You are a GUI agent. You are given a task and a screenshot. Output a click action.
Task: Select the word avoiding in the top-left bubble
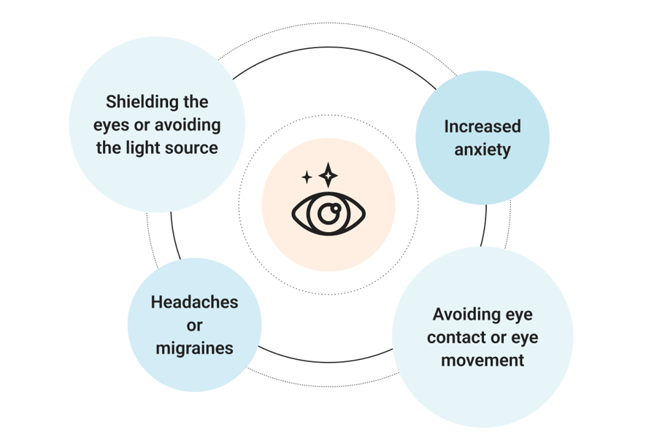tap(189, 125)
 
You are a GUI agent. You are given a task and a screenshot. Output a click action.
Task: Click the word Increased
tap(483, 126)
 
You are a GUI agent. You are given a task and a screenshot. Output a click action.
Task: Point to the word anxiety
tap(483, 150)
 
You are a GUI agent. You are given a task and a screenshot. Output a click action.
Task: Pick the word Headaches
tap(194, 301)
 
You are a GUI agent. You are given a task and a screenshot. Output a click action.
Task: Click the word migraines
tap(194, 348)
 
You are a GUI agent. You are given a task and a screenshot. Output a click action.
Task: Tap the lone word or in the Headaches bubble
tap(194, 325)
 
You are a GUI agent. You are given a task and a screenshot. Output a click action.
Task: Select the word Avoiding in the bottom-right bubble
tap(466, 315)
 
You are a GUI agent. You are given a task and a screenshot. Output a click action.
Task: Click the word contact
tap(453, 338)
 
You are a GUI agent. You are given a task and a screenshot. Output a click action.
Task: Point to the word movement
tap(483, 360)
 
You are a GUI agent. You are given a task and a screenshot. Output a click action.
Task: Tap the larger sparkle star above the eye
tap(328, 174)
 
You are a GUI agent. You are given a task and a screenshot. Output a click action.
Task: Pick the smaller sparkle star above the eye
tap(307, 177)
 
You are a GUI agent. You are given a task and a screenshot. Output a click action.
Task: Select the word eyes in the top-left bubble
tap(110, 125)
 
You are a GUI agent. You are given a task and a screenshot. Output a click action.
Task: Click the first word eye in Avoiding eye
tap(519, 315)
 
